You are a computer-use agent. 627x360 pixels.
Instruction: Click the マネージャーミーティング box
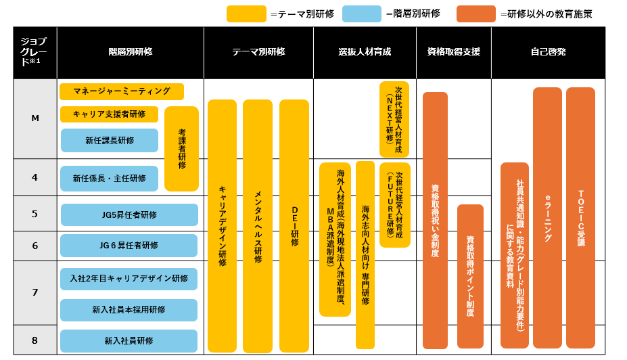pyautogui.click(x=122, y=91)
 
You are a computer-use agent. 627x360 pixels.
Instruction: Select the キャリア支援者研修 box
pyautogui.click(x=109, y=114)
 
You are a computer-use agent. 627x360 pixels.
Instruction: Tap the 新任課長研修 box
pyautogui.click(x=109, y=140)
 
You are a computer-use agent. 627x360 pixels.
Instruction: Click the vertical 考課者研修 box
pyautogui.click(x=182, y=149)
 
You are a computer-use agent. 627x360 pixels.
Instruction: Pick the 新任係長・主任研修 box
pyautogui.click(x=109, y=179)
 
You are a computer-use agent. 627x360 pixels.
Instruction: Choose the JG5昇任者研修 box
pyautogui.click(x=129, y=215)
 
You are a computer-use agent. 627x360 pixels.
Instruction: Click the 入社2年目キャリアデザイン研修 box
pyautogui.click(x=129, y=278)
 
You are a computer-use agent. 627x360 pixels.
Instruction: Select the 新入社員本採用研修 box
pyautogui.click(x=129, y=309)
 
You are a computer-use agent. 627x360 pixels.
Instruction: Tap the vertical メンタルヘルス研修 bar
pyautogui.click(x=258, y=226)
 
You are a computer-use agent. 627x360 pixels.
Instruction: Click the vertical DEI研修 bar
pyautogui.click(x=294, y=226)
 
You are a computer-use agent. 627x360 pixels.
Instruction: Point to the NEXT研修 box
pyautogui.click(x=394, y=119)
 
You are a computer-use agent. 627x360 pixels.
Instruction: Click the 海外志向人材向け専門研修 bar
pyautogui.click(x=365, y=254)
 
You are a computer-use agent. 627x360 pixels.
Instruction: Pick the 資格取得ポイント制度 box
pyautogui.click(x=470, y=276)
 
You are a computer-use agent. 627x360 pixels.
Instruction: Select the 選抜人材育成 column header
pyautogui.click(x=365, y=52)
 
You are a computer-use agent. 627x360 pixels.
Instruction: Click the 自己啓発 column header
pyautogui.click(x=548, y=52)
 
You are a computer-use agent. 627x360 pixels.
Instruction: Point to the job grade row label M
pyautogui.click(x=35, y=118)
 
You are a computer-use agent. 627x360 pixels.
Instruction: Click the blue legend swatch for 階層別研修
pyautogui.click(x=362, y=14)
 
